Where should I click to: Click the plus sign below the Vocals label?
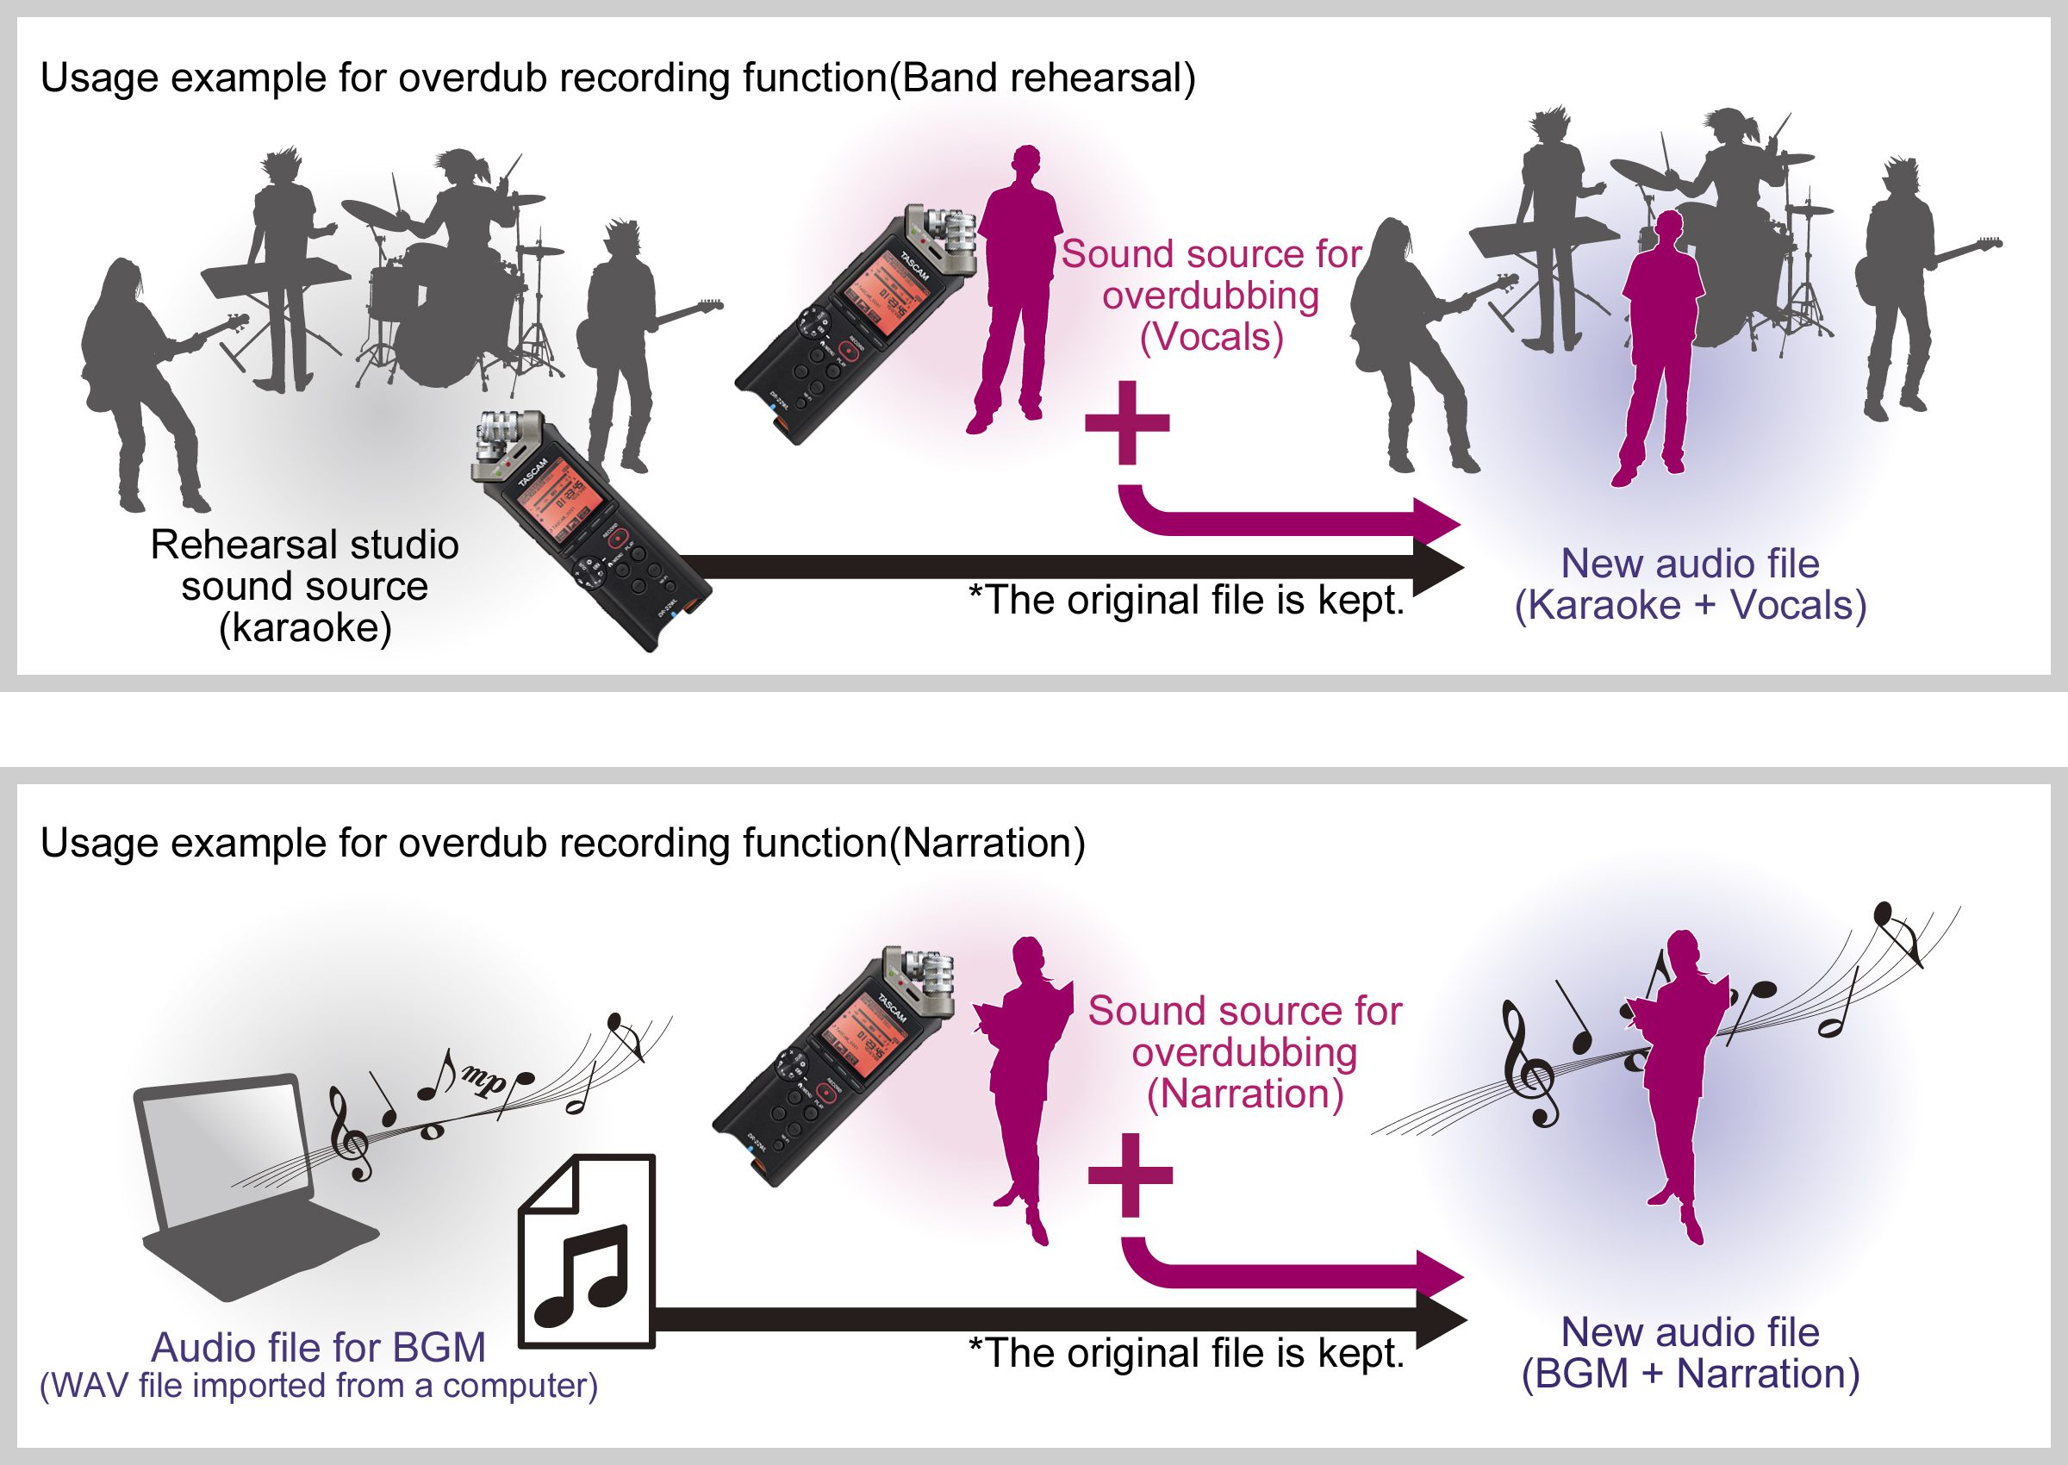pos(1127,422)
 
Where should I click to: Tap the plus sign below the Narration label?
pos(1130,1175)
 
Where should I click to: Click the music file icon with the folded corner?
pos(586,1252)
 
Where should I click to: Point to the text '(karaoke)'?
pos(305,628)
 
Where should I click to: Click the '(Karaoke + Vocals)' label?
pos(1690,605)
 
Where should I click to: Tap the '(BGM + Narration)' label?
pos(1690,1374)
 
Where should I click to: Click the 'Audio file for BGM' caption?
pos(318,1348)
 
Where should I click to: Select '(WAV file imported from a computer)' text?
pos(318,1386)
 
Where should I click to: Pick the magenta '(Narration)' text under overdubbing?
pos(1244,1094)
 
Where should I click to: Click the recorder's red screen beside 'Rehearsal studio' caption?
pos(555,502)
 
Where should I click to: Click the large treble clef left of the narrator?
pos(1528,1064)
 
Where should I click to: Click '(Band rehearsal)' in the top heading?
pos(1043,78)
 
